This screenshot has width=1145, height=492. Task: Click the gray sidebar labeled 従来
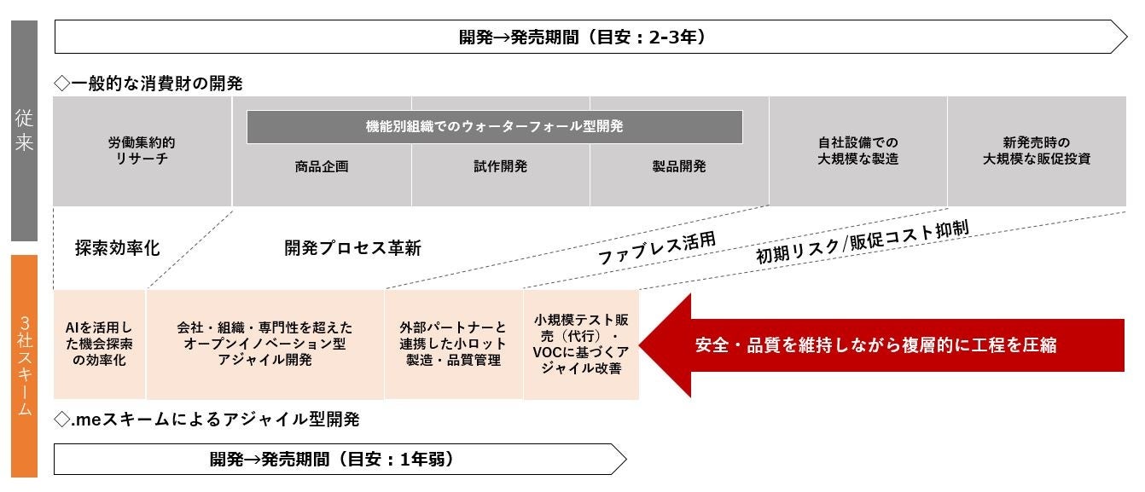coord(24,130)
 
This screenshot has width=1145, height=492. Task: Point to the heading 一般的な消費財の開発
coord(148,84)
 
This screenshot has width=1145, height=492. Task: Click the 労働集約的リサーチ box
coord(142,151)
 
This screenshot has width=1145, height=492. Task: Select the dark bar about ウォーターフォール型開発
coord(494,126)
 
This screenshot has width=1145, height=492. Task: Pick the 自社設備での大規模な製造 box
coord(857,151)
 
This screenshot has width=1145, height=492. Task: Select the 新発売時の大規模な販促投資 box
coord(1036,151)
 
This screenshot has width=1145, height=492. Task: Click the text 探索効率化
coord(117,248)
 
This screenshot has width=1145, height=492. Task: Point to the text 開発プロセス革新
coord(352,248)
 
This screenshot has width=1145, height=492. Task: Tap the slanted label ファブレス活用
coord(655,247)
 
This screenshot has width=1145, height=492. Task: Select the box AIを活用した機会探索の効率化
coord(99,344)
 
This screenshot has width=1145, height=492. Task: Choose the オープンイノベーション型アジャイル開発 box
coord(264,344)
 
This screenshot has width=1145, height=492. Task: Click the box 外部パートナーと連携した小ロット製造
coord(452,344)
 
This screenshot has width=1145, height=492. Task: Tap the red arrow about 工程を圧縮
coord(879,345)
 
